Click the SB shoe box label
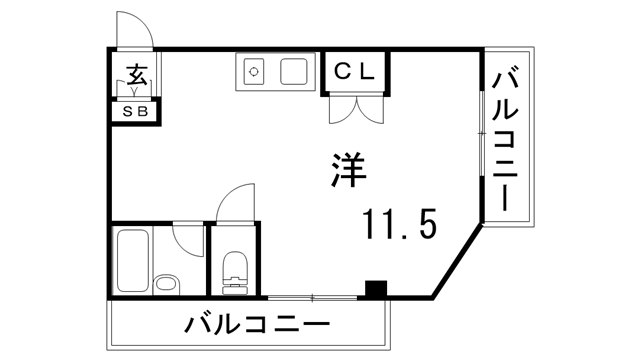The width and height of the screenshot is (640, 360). coord(134,111)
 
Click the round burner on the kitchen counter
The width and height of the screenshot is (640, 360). coord(254,72)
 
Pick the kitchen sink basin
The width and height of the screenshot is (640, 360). coord(293,72)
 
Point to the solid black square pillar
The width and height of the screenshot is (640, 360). coord(376,289)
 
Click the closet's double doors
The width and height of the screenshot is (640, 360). coord(354,107)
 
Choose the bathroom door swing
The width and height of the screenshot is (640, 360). coord(187,238)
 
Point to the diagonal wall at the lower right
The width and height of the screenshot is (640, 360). coord(457,262)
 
